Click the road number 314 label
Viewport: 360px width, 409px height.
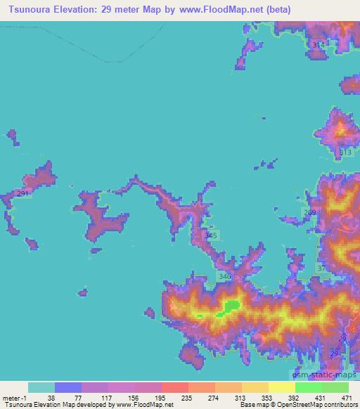pyautogui.click(x=319, y=45)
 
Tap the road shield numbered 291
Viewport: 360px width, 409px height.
pyautogui.click(x=23, y=194)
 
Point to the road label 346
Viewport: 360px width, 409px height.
pyautogui.click(x=225, y=278)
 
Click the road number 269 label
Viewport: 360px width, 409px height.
pyautogui.click(x=311, y=212)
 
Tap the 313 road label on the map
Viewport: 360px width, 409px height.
pyautogui.click(x=345, y=152)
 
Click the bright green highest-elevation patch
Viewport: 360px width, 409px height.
pyautogui.click(x=231, y=306)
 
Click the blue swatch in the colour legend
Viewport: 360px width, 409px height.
pyautogui.click(x=67, y=387)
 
